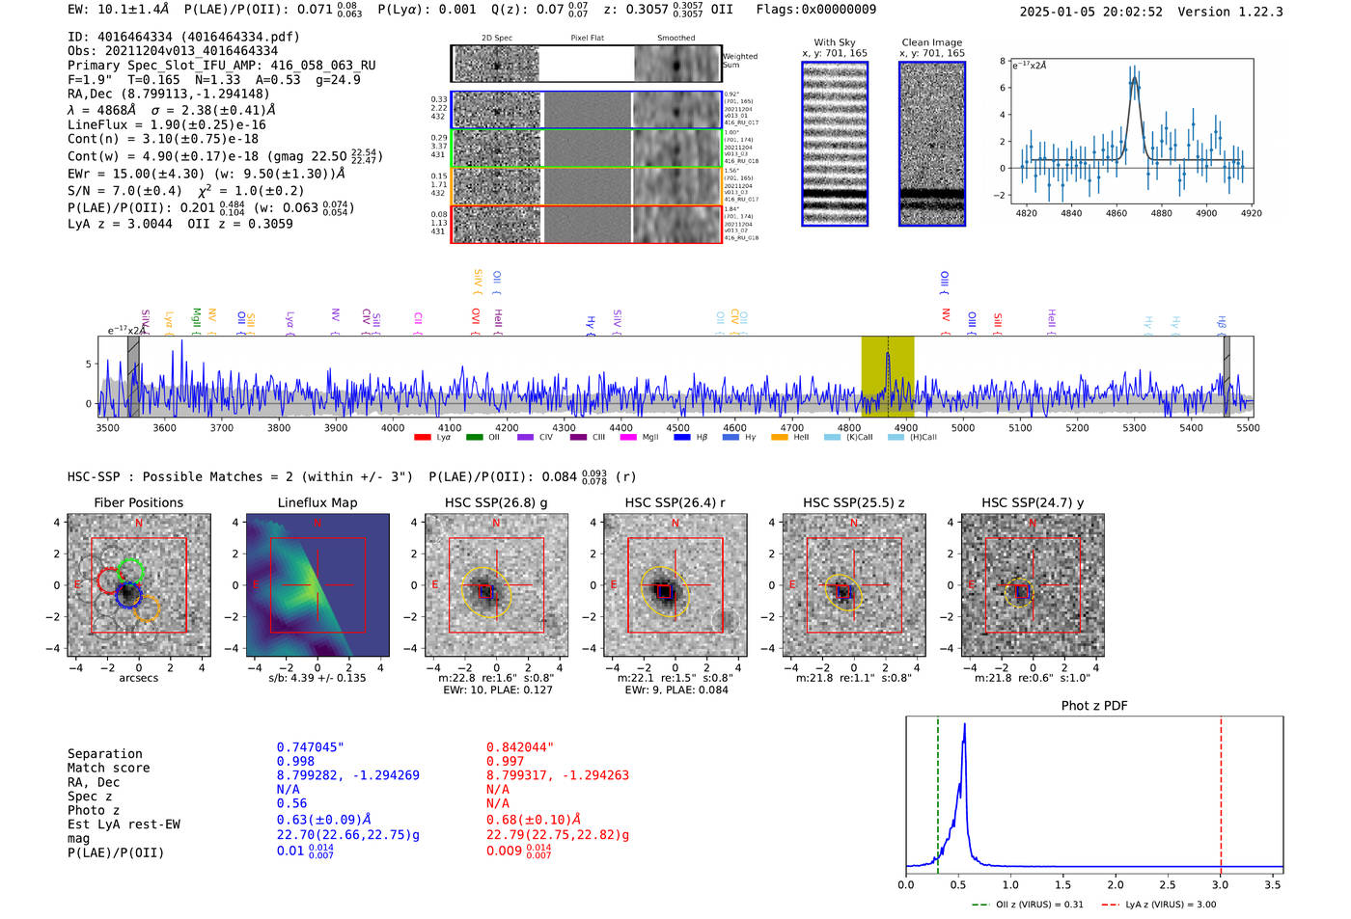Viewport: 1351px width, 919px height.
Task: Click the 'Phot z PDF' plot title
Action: point(1094,706)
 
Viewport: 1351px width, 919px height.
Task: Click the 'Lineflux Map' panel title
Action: point(317,502)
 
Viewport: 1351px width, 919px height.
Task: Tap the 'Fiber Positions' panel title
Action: point(138,502)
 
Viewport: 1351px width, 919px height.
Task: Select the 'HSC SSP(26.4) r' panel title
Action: point(675,502)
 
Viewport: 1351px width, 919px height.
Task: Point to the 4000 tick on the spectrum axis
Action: point(393,428)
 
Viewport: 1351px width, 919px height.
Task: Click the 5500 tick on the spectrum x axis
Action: point(1248,428)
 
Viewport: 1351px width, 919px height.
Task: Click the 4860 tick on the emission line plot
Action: point(1117,213)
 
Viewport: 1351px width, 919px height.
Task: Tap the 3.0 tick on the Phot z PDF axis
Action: point(1221,884)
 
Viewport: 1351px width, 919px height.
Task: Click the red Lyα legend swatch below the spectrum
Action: point(422,438)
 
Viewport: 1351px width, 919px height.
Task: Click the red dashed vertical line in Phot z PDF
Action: point(1221,791)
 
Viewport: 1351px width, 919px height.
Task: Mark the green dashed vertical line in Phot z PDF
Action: point(938,791)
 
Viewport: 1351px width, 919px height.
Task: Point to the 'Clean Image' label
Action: point(931,42)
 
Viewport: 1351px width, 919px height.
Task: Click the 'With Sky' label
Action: point(835,42)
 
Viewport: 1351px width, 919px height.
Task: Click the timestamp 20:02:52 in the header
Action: point(1131,12)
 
